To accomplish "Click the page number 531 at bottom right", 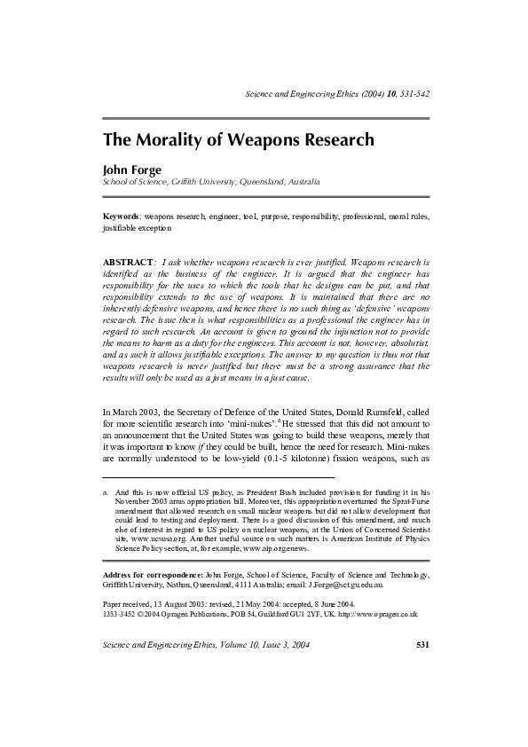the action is point(422,693).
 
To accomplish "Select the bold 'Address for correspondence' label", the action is point(151,576).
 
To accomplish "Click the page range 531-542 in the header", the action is point(410,94).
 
